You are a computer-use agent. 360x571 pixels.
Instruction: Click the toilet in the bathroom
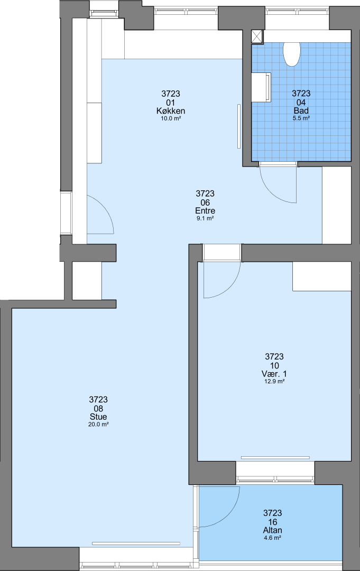292,54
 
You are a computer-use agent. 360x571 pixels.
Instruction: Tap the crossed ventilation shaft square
257,37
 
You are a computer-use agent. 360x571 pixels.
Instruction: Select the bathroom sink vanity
261,87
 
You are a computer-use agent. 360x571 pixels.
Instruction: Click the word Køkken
171,110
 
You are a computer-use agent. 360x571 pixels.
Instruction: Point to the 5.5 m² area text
301,118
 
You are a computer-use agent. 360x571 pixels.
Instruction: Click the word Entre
205,210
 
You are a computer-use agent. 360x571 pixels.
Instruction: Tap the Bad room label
301,110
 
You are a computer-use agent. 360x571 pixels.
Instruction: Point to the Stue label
98,417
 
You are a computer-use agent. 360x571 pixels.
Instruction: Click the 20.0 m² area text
98,424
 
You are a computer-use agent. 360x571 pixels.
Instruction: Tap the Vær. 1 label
274,374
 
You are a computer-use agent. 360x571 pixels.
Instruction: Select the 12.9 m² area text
274,381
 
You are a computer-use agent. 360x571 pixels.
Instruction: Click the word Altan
273,530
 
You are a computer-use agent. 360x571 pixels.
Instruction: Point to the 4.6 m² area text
273,538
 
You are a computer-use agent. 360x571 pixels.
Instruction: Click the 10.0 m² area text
171,118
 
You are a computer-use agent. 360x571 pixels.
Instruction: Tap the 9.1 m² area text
205,218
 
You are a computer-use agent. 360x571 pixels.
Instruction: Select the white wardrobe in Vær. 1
322,277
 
